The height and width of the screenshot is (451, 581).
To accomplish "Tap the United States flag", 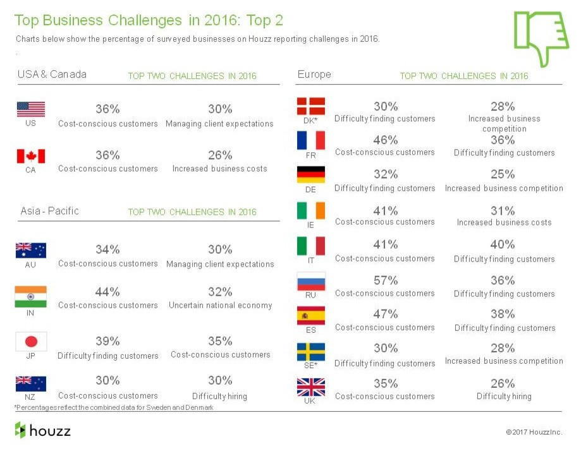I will (x=31, y=109).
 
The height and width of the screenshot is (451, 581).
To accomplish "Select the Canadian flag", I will (x=31, y=156).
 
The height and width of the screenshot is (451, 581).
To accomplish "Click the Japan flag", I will (x=31, y=342).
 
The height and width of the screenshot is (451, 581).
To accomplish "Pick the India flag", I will (x=31, y=296).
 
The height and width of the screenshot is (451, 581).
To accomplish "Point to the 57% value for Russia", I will (x=385, y=280).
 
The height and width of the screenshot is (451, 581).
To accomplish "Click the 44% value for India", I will (x=107, y=292).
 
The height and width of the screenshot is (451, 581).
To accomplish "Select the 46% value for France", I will (x=385, y=140).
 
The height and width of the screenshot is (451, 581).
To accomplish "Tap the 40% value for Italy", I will (x=503, y=244).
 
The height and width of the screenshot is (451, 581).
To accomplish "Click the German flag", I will (x=311, y=174).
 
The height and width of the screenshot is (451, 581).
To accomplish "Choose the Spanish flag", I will (x=311, y=315).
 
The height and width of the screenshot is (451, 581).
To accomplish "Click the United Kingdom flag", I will (x=311, y=387).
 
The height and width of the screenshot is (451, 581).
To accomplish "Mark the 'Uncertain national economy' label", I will (x=220, y=305).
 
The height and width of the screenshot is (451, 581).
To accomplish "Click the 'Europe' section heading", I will (x=314, y=75).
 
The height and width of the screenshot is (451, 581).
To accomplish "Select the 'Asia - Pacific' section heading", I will (x=49, y=211).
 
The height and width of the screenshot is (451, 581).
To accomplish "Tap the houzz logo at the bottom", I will (x=43, y=431).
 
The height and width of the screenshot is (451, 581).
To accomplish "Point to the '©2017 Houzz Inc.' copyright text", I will (x=534, y=432).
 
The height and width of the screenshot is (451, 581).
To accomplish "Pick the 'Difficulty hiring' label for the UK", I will (x=504, y=396).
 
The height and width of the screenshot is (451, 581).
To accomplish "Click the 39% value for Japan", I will (x=107, y=341).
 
